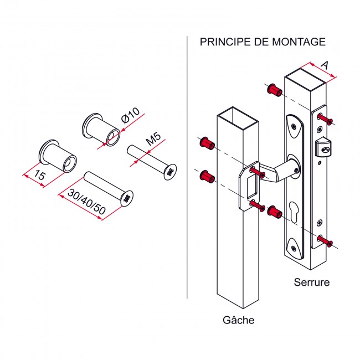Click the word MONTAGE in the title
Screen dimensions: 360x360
click(296, 42)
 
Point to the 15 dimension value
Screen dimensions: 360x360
click(38, 177)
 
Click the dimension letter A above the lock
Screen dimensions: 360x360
click(325, 65)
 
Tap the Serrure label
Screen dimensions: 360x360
click(311, 282)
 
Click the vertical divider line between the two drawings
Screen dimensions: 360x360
click(188, 166)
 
